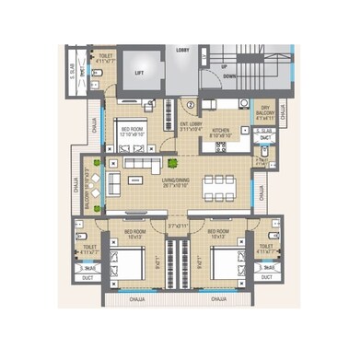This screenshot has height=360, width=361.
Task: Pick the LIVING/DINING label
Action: pos(178,182)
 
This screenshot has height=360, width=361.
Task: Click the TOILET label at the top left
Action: pos(107,59)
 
